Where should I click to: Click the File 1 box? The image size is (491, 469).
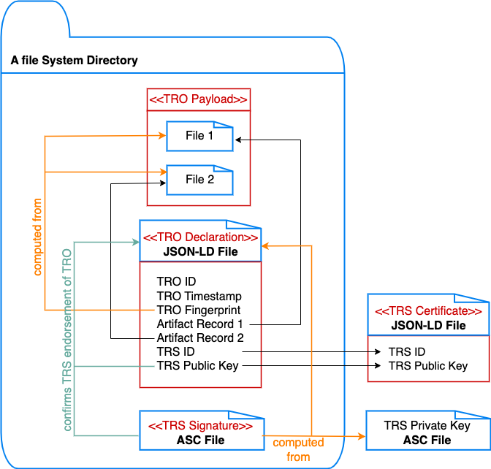click(199, 136)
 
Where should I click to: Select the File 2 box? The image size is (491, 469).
click(199, 180)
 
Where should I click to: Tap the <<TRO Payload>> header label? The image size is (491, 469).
click(198, 99)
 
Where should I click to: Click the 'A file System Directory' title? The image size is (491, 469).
click(74, 60)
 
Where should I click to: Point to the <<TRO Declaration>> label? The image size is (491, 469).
click(200, 237)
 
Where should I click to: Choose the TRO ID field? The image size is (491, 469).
click(176, 281)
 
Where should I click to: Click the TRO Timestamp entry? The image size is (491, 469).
click(199, 296)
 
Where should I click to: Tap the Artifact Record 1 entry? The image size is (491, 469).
click(199, 324)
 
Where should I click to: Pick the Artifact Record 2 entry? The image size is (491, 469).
click(199, 338)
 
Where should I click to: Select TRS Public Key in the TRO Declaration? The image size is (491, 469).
click(197, 365)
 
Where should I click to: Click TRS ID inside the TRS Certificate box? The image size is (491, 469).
click(407, 351)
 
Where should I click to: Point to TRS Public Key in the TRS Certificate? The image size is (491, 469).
click(427, 365)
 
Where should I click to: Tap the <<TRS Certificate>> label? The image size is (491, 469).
click(428, 311)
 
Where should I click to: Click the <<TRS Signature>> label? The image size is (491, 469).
click(200, 426)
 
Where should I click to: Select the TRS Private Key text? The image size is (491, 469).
click(427, 425)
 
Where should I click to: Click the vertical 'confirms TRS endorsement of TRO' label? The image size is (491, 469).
click(66, 339)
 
